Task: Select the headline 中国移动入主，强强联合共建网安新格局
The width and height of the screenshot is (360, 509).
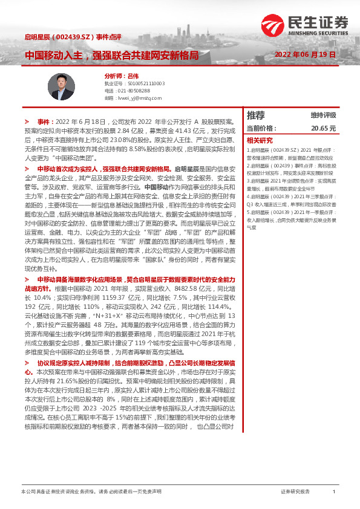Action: point(111,56)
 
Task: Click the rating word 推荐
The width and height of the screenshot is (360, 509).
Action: point(256,115)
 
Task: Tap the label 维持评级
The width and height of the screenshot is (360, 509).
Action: point(323,115)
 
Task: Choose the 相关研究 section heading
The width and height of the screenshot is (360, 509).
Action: point(260,139)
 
